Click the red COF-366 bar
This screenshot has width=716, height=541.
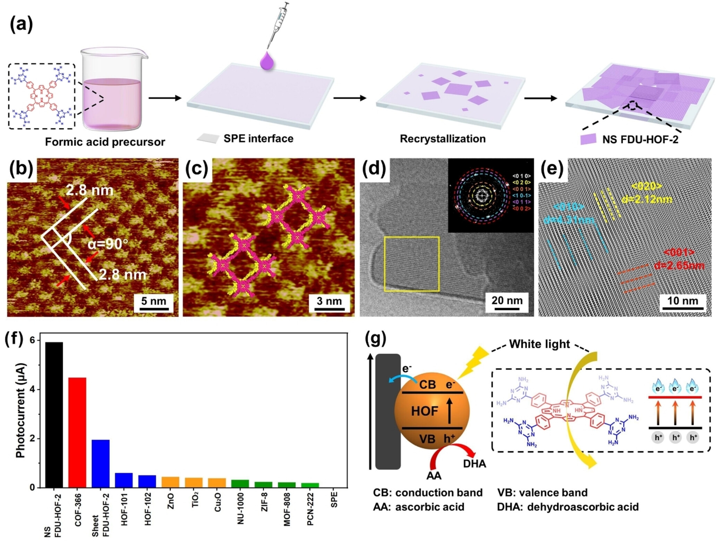pos(77,432)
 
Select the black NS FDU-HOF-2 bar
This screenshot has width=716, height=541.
pos(54,415)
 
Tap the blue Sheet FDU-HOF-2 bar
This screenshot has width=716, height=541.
pos(101,463)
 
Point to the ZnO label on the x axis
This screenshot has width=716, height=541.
pos(171,501)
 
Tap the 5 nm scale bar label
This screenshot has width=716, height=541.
pos(154,301)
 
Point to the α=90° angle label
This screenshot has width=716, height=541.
pos(108,244)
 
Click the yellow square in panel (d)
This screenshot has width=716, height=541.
pos(412,264)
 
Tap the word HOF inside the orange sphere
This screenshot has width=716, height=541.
pos(424,411)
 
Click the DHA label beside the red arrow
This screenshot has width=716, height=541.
pos(475,464)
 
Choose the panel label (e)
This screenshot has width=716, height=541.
pos(552,169)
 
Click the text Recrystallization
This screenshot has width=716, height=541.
pos(443,139)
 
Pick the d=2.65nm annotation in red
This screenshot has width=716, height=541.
pos(679,266)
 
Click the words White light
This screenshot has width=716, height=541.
pos(539,344)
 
